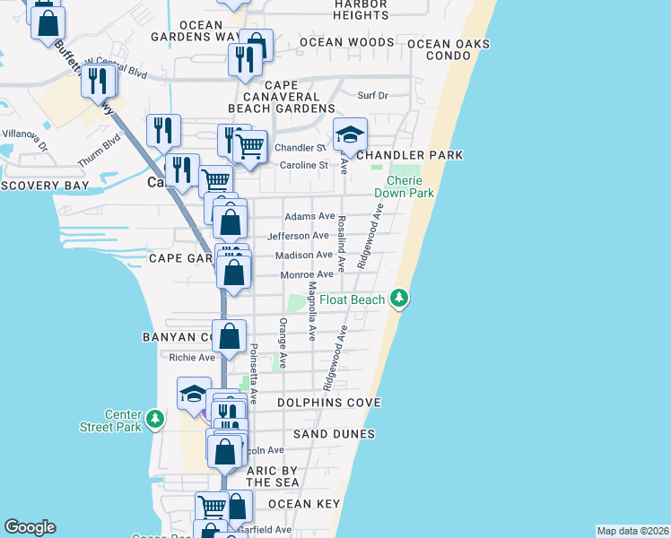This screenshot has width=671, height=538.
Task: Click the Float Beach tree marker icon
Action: coord(400,299)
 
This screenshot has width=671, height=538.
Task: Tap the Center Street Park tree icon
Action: coord(155,418)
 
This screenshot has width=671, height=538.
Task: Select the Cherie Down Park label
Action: coord(404,187)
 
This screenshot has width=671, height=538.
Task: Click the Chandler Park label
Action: coord(409,155)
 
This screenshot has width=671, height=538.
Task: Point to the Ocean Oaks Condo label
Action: coord(451,49)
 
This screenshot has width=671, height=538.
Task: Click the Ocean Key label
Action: coord(304,504)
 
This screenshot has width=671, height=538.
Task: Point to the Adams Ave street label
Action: coord(309,216)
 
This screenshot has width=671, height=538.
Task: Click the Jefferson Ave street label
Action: coord(299,236)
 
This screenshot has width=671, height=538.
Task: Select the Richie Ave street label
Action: coord(193,357)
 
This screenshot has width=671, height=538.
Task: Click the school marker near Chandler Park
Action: coord(350,135)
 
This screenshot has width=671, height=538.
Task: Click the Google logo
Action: coord(30,527)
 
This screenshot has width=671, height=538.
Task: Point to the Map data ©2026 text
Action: coord(632,531)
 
